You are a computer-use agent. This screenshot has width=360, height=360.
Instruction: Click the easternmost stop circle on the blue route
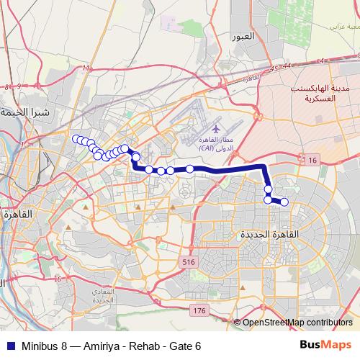tap(284, 202)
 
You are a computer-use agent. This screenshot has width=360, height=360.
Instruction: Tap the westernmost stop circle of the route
tap(75, 138)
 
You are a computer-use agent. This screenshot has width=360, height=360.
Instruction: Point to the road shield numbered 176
tap(199, 310)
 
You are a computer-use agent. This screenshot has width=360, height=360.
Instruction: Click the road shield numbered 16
tap(311, 159)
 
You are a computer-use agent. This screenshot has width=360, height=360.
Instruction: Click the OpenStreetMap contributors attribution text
tap(297, 323)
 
